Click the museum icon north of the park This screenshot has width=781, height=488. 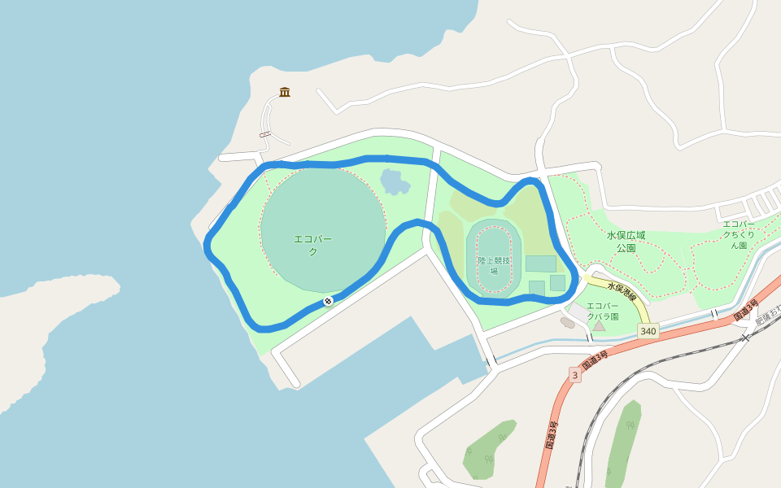285,92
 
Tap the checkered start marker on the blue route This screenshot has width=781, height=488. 328,301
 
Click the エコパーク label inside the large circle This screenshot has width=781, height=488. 313,245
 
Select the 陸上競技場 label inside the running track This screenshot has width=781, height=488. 494,265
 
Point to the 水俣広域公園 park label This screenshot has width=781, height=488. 626,242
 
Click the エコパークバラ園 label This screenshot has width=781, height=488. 603,311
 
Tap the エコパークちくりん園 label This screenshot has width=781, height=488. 739,234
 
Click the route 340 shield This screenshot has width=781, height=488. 648,331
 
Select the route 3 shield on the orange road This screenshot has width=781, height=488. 574,375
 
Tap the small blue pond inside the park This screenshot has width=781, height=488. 395,181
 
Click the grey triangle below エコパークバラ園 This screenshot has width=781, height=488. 599,325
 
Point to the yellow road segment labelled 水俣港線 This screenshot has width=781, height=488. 635,301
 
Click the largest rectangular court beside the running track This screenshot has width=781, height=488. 540,264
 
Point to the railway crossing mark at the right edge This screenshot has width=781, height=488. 744,336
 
